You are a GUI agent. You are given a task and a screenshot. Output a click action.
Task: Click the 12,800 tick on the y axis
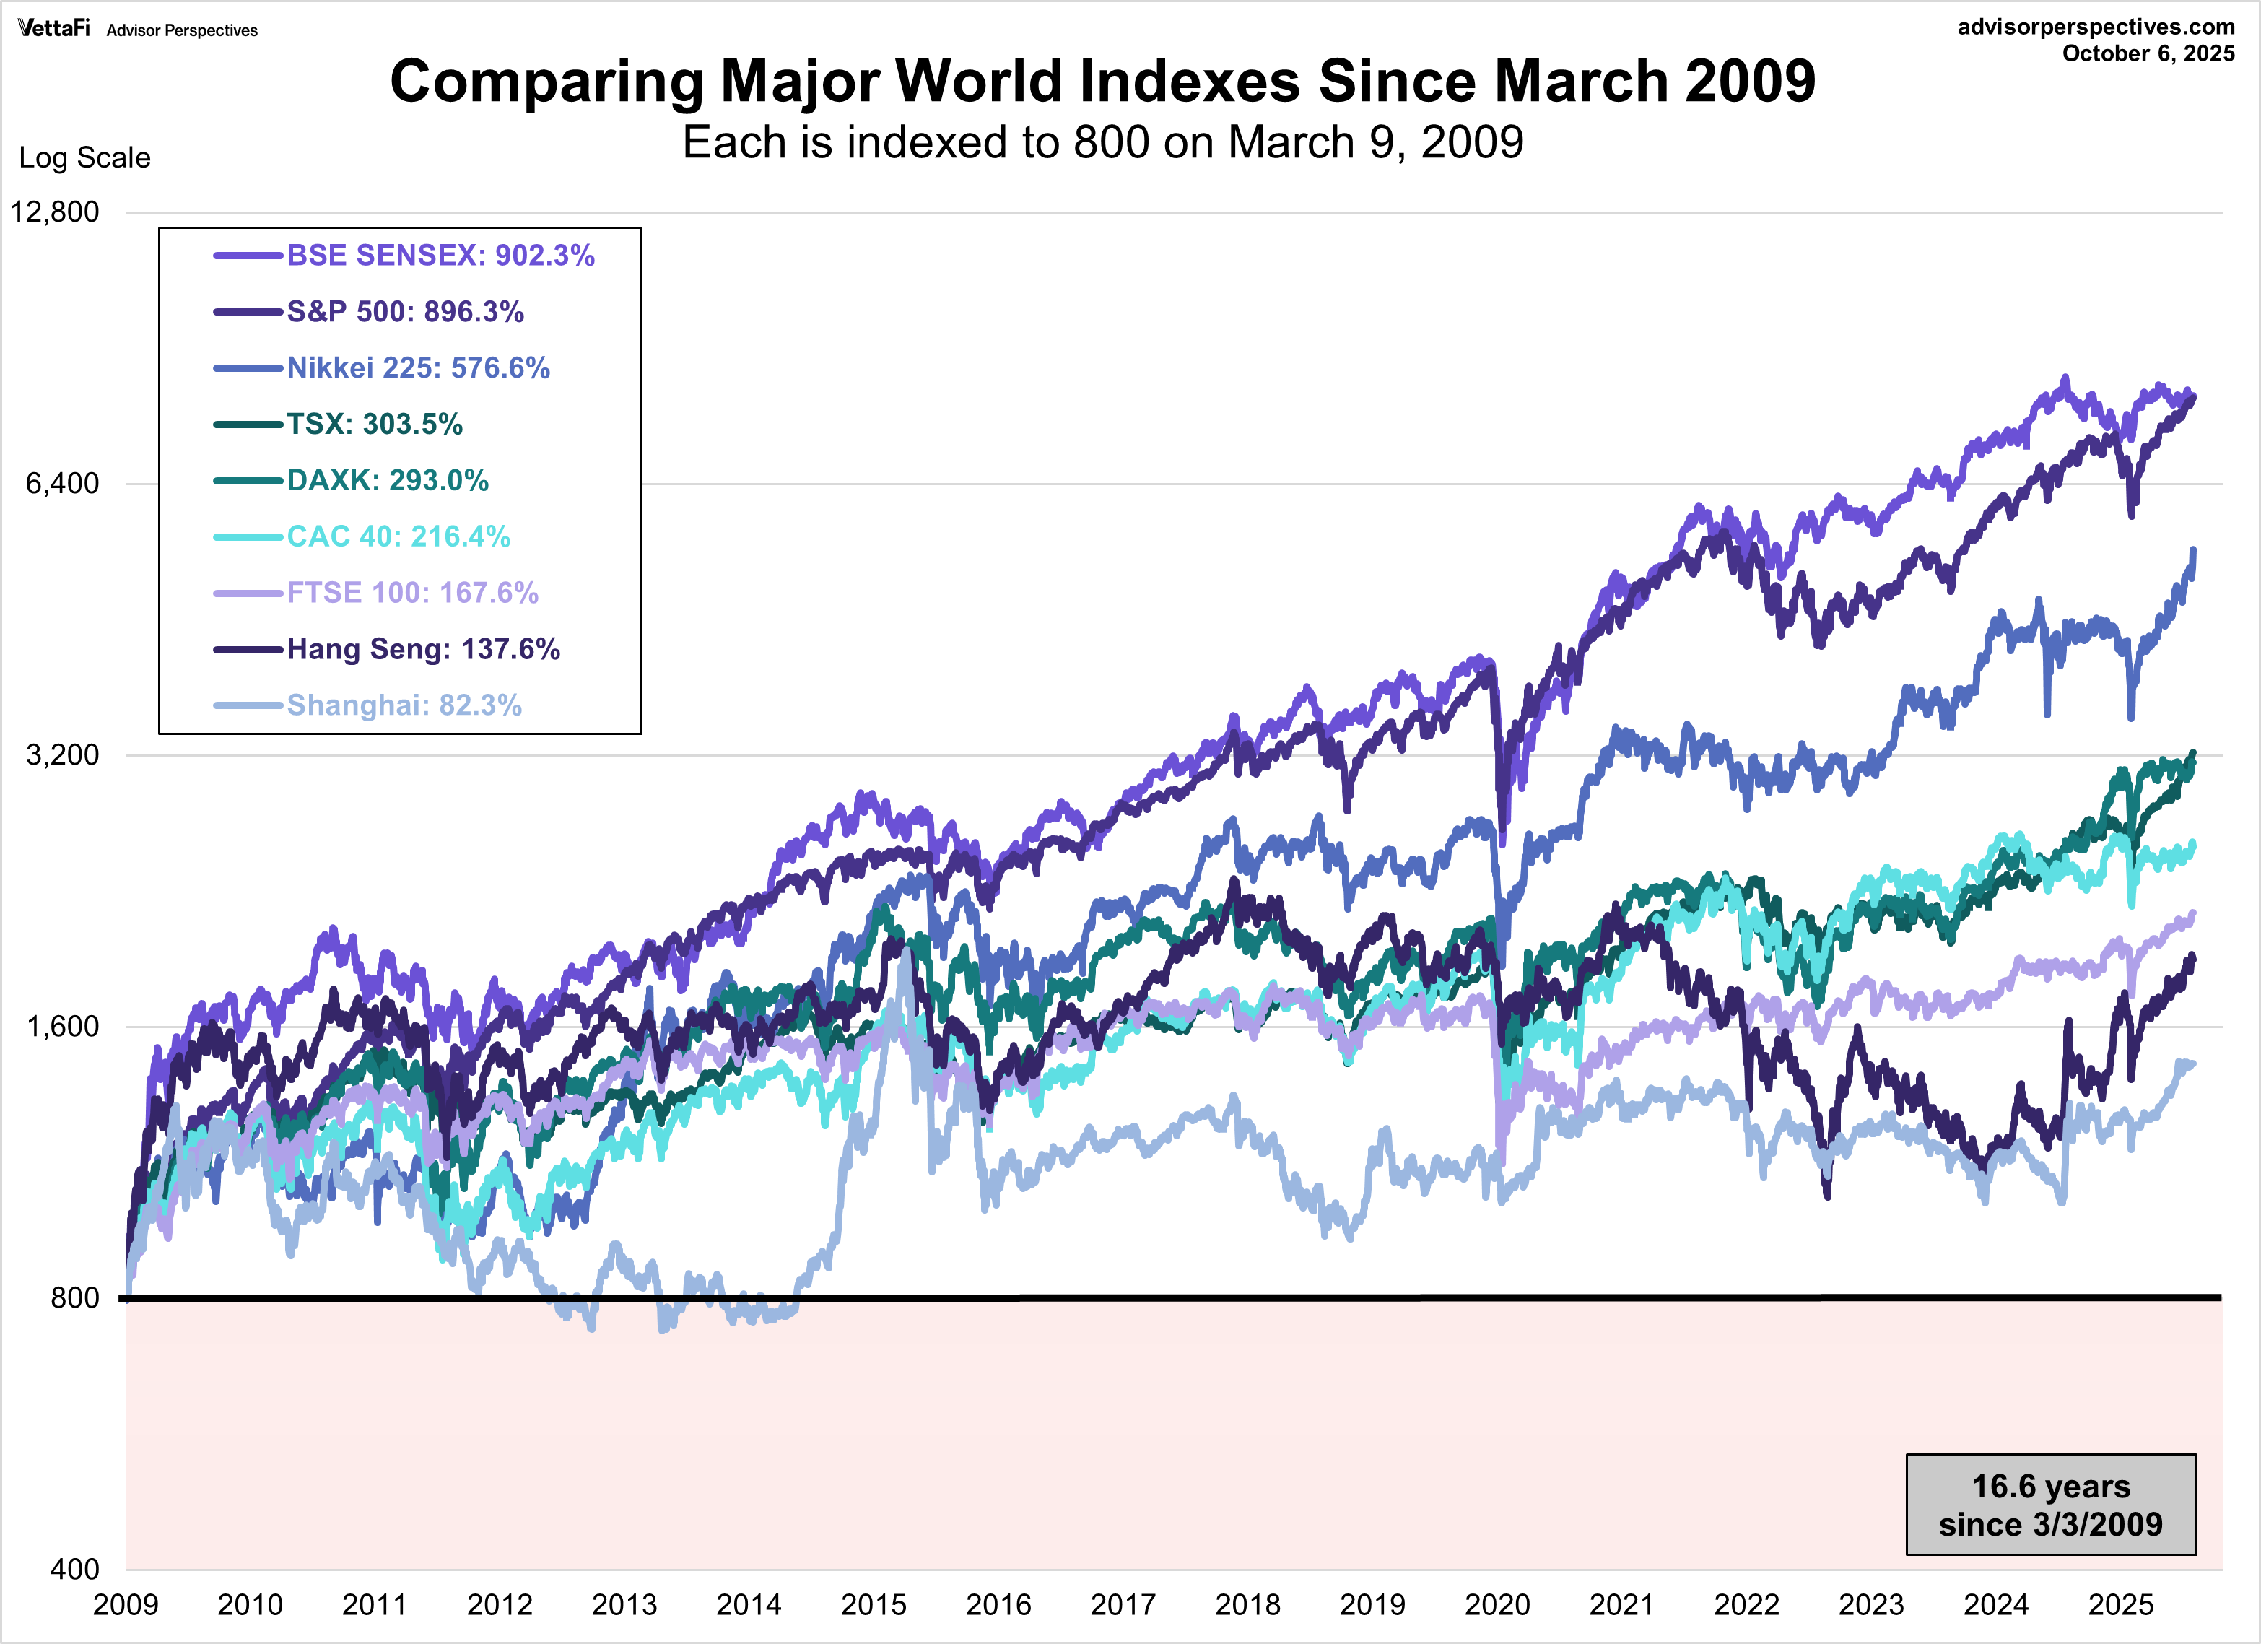click(x=55, y=212)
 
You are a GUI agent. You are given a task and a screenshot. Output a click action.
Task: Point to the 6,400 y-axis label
click(x=62, y=484)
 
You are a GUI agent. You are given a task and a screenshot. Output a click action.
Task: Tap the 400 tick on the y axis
click(x=75, y=1569)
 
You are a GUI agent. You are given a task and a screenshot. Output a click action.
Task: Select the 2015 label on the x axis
click(x=874, y=1605)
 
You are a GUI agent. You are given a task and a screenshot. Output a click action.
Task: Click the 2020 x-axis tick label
click(x=1497, y=1605)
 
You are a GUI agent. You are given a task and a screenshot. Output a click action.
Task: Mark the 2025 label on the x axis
click(x=2120, y=1605)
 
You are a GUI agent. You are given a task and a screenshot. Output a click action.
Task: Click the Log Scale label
click(x=84, y=157)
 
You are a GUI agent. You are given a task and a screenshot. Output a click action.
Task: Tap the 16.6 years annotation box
click(x=2051, y=1505)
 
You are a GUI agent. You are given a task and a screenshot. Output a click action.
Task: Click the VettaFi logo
click(x=54, y=28)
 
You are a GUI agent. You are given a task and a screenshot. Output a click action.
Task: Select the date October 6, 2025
click(x=2148, y=54)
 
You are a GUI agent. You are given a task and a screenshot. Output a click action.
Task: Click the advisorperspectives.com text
click(x=2096, y=27)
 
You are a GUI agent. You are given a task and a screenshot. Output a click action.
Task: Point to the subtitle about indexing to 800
click(x=1102, y=142)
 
